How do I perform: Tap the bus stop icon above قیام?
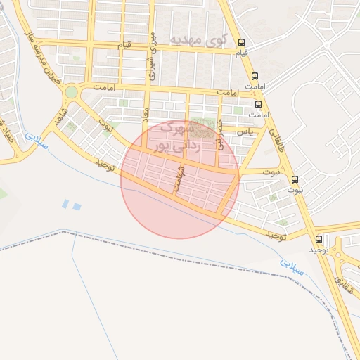pos(242,42)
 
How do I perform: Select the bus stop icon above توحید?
pos(319,239)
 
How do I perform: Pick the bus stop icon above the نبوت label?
pos(294,179)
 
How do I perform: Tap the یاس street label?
pos(244,131)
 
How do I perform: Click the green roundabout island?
pos(71,92)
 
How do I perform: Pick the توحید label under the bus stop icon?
pos(319,250)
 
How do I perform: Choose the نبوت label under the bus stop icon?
pos(294,190)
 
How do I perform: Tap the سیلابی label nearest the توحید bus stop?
pos(289,265)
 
